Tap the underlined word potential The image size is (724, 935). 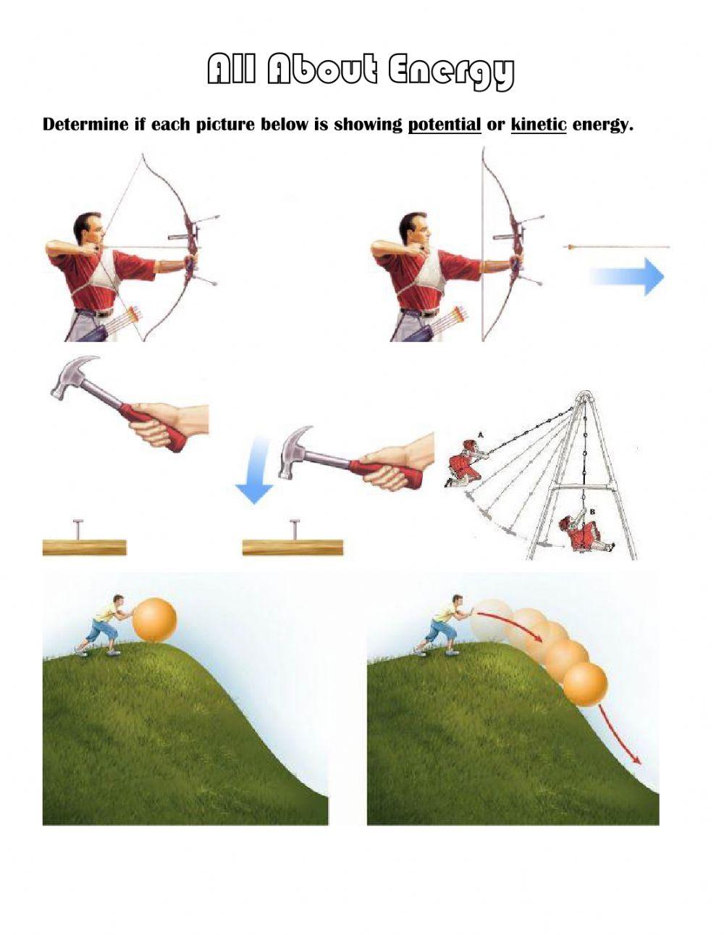[445, 125]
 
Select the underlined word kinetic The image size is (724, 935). [539, 125]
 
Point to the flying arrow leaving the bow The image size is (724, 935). [615, 247]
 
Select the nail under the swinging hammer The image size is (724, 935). [295, 529]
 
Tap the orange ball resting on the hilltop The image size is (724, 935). [155, 620]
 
